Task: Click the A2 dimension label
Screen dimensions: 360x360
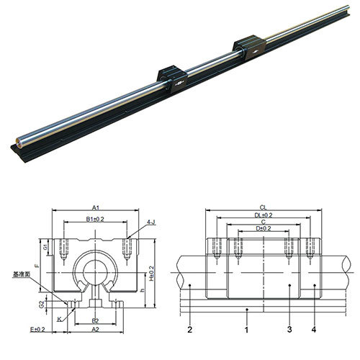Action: pos(96,329)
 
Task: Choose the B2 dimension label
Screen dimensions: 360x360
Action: pos(96,320)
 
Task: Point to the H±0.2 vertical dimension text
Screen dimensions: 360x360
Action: pos(152,276)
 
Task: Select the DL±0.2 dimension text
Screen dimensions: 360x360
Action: pos(264,214)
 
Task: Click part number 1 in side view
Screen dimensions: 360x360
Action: pos(247,329)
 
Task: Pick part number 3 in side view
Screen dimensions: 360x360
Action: pos(289,329)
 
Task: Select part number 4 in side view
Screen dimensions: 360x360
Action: pos(315,329)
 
